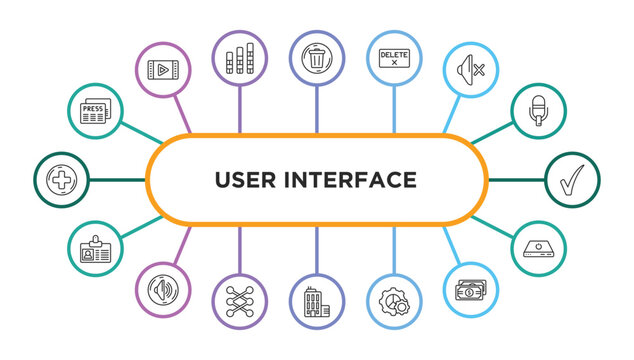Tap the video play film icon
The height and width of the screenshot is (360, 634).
click(162, 69)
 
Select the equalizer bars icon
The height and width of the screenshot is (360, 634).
click(239, 57)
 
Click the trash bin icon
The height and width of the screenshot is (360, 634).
click(317, 57)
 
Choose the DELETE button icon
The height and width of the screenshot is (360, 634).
click(394, 57)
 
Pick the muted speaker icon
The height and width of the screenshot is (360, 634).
click(471, 69)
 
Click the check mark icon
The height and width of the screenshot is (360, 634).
click(573, 180)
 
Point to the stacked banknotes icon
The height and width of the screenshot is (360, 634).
click(471, 291)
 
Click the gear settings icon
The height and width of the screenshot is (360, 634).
click(394, 303)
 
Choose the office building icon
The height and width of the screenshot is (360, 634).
click(317, 303)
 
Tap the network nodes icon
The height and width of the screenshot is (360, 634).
click(239, 303)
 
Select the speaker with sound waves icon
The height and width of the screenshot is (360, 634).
click(162, 291)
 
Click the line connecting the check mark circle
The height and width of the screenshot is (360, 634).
click(517, 180)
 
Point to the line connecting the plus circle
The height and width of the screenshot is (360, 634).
click(117, 180)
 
